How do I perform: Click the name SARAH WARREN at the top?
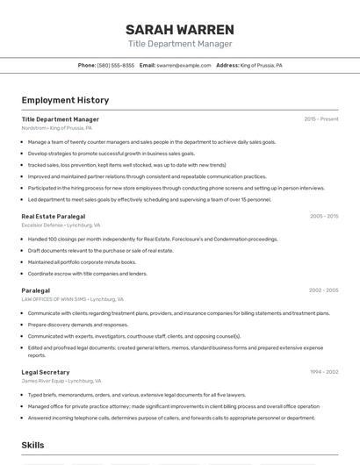point(180,29)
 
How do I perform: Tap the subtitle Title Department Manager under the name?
point(180,44)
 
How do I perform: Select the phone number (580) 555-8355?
point(116,65)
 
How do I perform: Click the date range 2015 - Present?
point(321,119)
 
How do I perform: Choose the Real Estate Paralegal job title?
point(54,216)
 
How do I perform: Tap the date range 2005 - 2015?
point(324,216)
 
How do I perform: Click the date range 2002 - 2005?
point(324,290)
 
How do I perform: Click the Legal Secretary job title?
point(46,372)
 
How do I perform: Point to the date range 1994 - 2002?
point(324,372)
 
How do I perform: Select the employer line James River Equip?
point(61,382)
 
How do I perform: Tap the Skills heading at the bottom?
point(33,446)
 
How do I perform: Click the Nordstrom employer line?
point(56,128)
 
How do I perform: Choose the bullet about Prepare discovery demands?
point(78,325)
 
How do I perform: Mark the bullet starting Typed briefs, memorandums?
point(137,395)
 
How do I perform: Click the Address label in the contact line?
point(227,65)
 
